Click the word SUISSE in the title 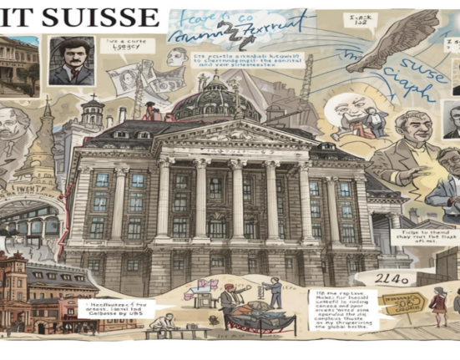click(107, 17)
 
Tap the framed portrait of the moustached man click(71, 60)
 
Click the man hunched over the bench click(167, 324)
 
